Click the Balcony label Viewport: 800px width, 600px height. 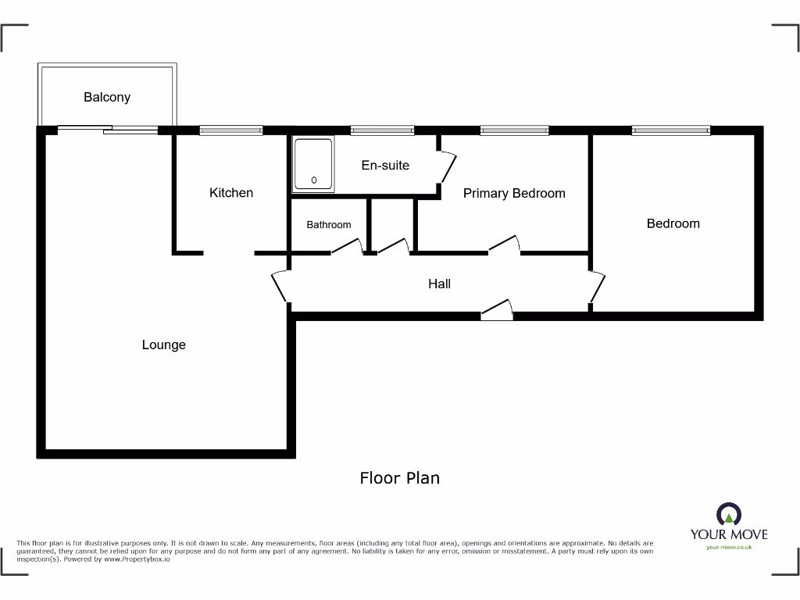(x=107, y=97)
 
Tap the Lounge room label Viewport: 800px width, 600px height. (x=163, y=345)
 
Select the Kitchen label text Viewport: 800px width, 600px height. (x=231, y=192)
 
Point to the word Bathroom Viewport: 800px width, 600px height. (x=328, y=224)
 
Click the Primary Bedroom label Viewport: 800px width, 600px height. (x=514, y=193)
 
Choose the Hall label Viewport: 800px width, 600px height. (x=439, y=284)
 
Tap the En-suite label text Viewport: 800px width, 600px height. (x=385, y=165)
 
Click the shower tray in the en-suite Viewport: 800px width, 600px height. (x=314, y=164)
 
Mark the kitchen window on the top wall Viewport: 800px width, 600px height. (x=230, y=130)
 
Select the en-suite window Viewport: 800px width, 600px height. (x=382, y=130)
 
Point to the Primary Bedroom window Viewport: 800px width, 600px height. (x=514, y=130)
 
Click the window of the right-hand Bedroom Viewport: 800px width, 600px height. (x=671, y=130)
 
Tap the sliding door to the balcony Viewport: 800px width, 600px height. (x=107, y=130)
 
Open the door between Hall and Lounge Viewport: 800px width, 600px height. (x=280, y=287)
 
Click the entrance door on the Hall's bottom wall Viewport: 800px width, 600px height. (x=497, y=310)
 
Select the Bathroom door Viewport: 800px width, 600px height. (x=347, y=247)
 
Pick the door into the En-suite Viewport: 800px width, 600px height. (x=447, y=166)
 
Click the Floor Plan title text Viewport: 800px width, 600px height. (x=399, y=477)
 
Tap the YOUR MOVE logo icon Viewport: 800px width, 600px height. (x=728, y=515)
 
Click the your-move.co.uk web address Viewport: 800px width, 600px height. (x=728, y=547)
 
